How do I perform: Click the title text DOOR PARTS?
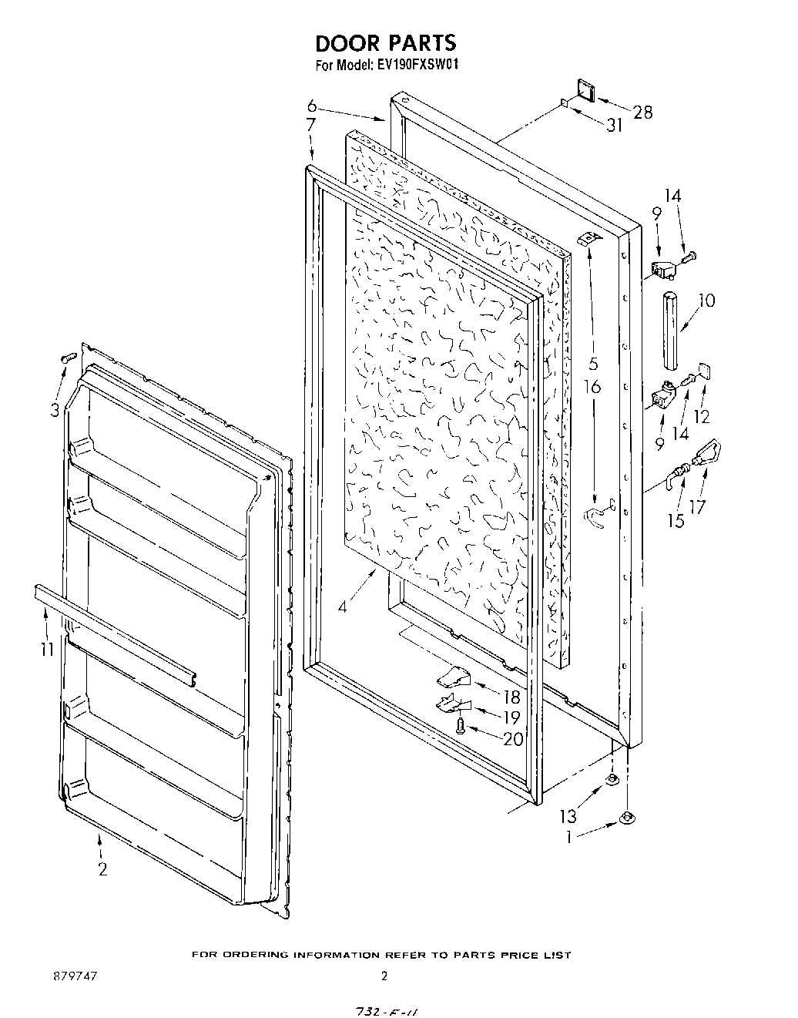click(385, 42)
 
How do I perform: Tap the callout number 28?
click(642, 113)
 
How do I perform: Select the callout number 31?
click(614, 126)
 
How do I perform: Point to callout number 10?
click(706, 301)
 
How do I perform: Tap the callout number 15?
click(676, 521)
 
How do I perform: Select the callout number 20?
click(512, 739)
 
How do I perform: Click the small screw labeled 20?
click(460, 724)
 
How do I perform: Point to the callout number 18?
click(511, 697)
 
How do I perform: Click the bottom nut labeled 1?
click(626, 817)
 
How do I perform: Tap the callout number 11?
click(48, 649)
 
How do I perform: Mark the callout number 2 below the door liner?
click(102, 869)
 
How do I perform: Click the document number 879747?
click(75, 976)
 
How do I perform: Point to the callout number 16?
click(592, 387)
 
